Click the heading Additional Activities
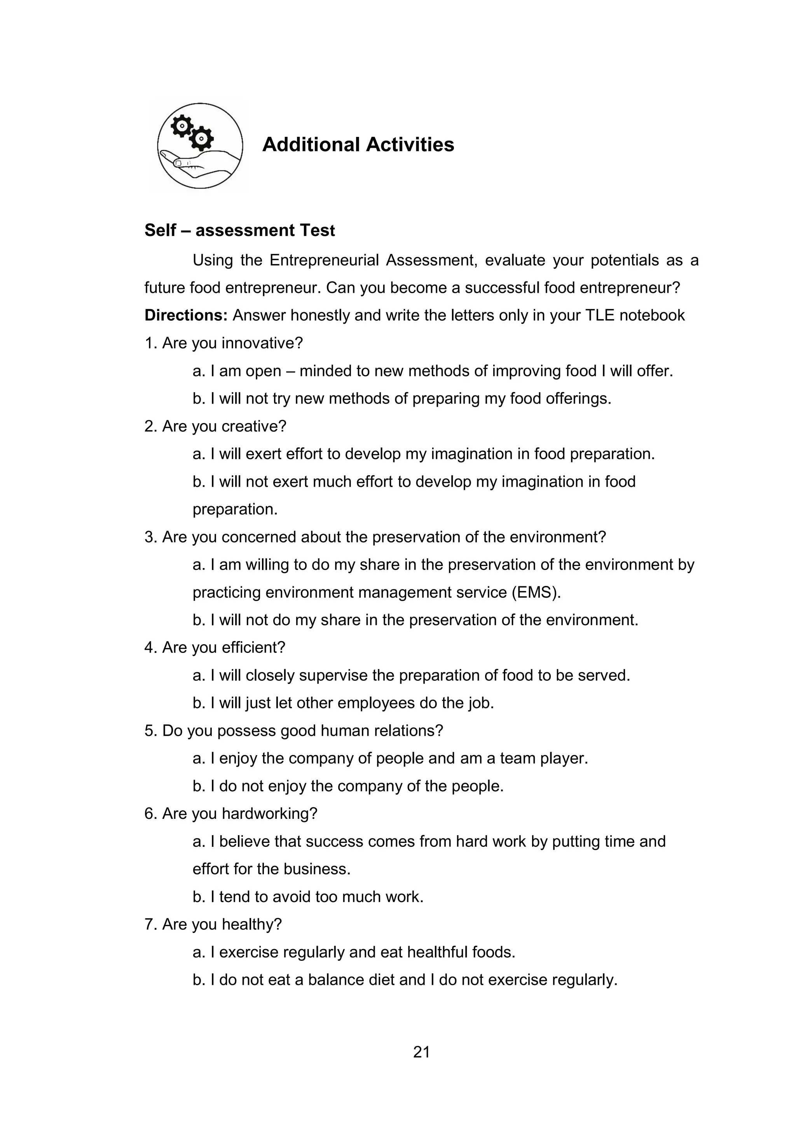pyautogui.click(x=358, y=145)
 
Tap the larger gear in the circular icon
pyautogui.click(x=201, y=138)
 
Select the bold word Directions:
pyautogui.click(x=186, y=315)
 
